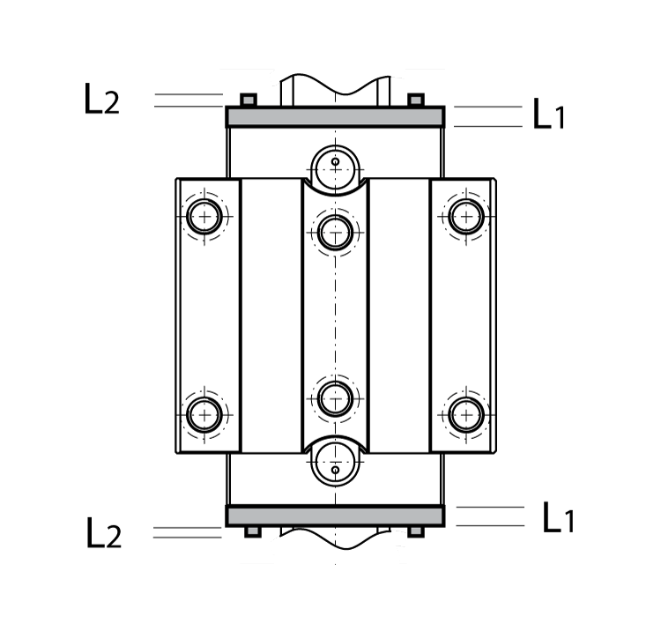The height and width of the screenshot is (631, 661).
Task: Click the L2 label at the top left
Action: point(101,100)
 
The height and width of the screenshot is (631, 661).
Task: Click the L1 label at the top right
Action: point(549,115)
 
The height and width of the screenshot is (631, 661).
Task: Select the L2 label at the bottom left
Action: point(103,534)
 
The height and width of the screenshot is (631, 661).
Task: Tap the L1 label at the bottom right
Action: point(557,518)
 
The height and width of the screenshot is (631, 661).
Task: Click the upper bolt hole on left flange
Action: point(204,215)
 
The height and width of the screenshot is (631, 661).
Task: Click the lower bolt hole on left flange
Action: point(204,413)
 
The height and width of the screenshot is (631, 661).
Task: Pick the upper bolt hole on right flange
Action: point(466,215)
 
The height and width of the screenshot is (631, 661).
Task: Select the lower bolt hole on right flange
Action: point(466,413)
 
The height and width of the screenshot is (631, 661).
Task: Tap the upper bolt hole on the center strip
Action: point(335,233)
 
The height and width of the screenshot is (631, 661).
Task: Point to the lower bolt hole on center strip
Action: point(335,397)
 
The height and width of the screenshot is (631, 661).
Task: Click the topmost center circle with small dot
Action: point(335,163)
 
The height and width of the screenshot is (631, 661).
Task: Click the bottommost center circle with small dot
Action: point(335,468)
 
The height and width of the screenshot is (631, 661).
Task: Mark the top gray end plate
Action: point(335,117)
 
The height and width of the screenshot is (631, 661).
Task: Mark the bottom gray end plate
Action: point(335,516)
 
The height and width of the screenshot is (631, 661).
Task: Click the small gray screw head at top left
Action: point(249,100)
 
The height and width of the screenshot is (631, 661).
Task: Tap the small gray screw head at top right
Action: point(416,100)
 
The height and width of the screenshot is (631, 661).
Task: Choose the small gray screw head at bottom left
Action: point(252,531)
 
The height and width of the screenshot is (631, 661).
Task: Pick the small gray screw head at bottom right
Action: point(416,531)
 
